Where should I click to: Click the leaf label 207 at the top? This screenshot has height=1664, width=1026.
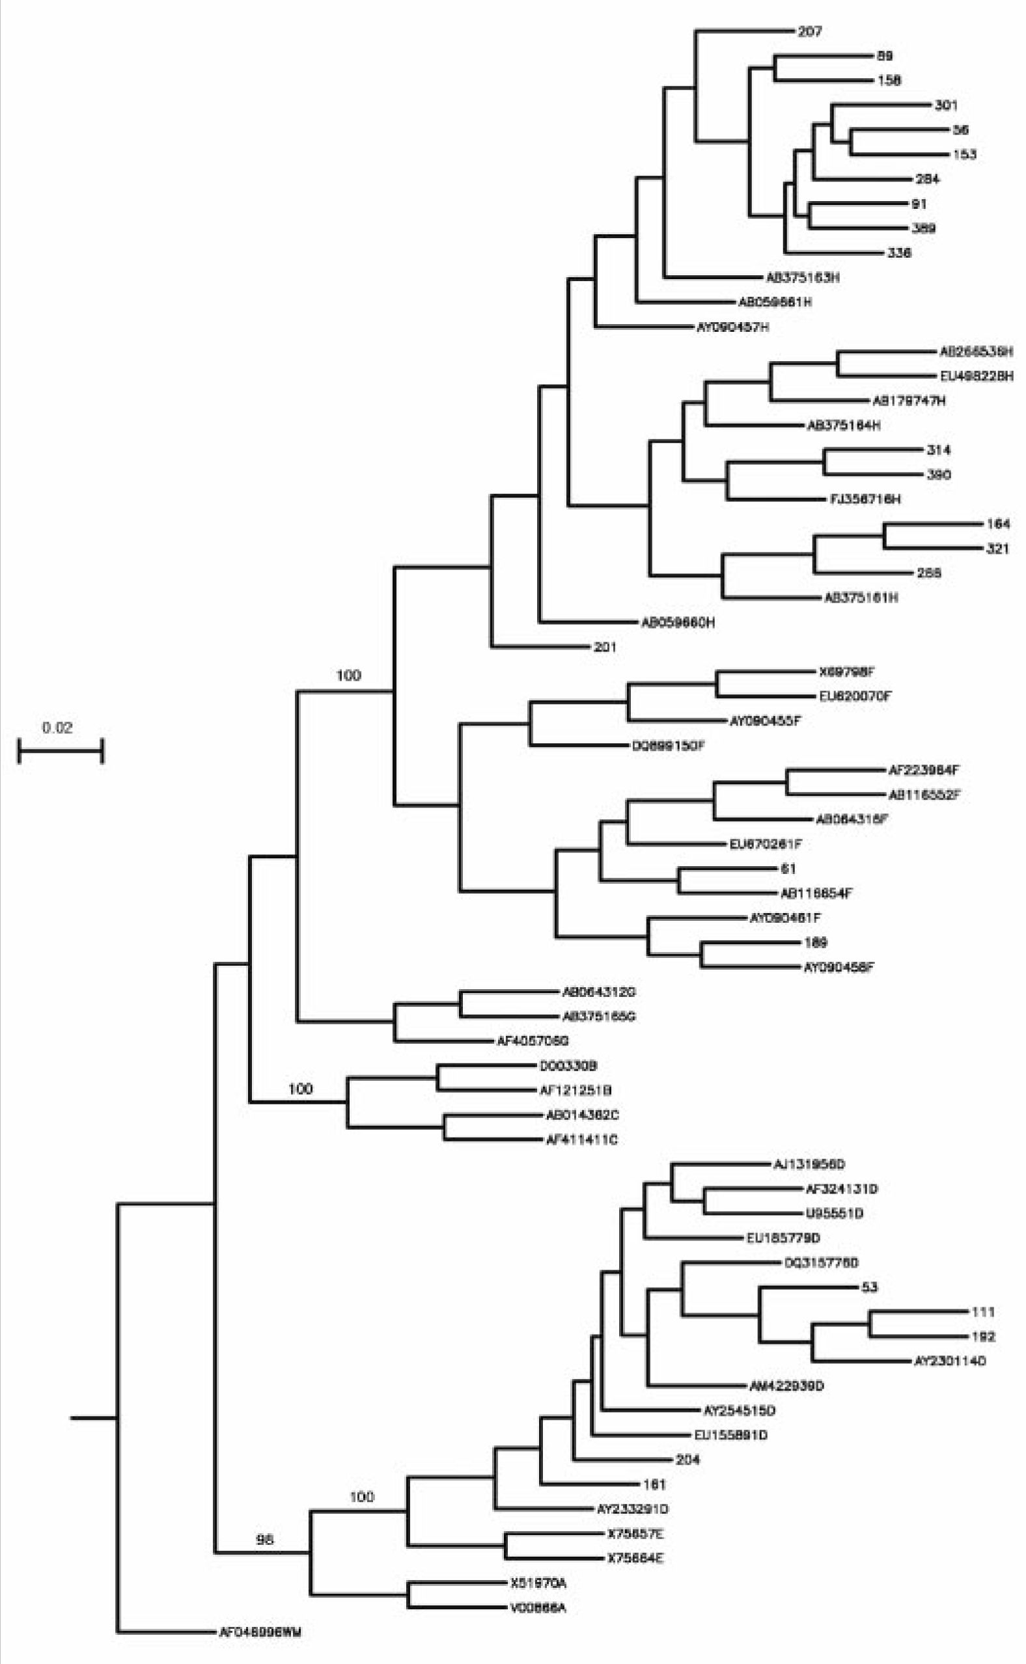pyautogui.click(x=809, y=31)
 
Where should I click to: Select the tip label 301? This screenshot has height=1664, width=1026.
pyautogui.click(x=946, y=105)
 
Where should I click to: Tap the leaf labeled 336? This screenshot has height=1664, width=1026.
pyautogui.click(x=899, y=253)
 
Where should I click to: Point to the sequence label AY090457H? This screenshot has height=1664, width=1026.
pyautogui.click(x=733, y=327)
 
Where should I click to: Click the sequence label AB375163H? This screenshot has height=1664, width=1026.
pyautogui.click(x=803, y=277)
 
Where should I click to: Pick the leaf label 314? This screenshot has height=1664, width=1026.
pyautogui.click(x=939, y=450)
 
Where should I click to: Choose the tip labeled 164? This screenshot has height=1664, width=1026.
pyautogui.click(x=997, y=524)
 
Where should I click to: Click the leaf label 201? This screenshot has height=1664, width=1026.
pyautogui.click(x=605, y=647)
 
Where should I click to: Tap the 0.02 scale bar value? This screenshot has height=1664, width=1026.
pyautogui.click(x=57, y=728)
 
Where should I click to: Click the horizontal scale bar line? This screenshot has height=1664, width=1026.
pyautogui.click(x=61, y=751)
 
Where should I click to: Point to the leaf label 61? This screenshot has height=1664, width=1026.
pyautogui.click(x=788, y=868)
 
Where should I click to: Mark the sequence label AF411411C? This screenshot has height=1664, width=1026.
pyautogui.click(x=581, y=1139)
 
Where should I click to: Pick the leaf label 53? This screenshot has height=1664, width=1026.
pyautogui.click(x=869, y=1287)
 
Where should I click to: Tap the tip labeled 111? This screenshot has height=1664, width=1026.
pyautogui.click(x=983, y=1312)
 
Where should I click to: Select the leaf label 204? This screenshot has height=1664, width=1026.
pyautogui.click(x=687, y=1460)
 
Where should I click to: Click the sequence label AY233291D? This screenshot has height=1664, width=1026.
pyautogui.click(x=632, y=1509)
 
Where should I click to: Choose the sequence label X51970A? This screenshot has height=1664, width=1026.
pyautogui.click(x=538, y=1583)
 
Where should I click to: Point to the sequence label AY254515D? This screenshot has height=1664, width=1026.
pyautogui.click(x=739, y=1411)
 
